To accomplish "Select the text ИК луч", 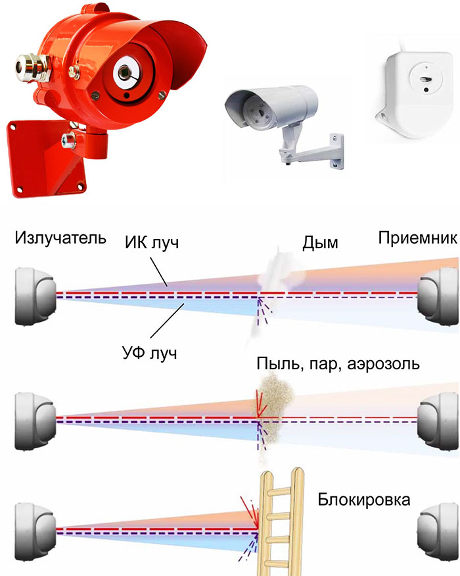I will point(152,244).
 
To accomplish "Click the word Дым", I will point(320,244).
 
